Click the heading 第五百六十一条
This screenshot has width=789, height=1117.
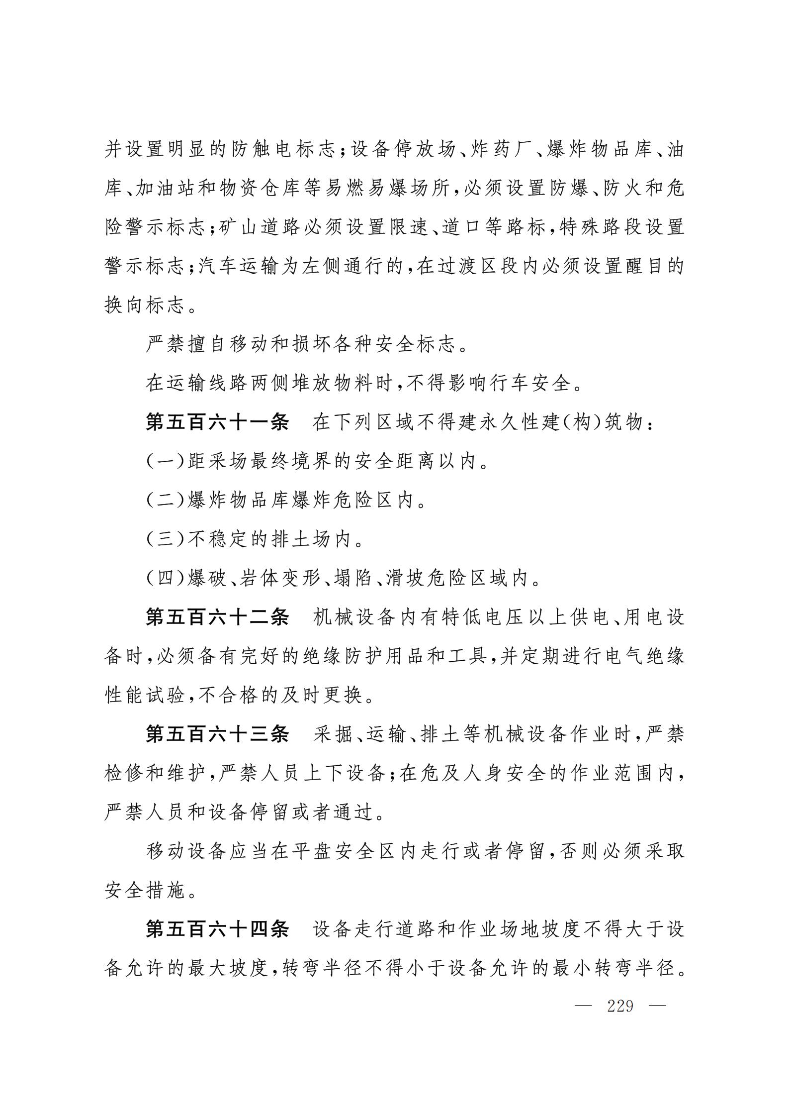tap(217, 422)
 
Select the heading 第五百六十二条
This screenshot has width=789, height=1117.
tap(217, 617)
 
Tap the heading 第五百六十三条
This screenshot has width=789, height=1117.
tap(217, 734)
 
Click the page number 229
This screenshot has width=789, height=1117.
tap(620, 1006)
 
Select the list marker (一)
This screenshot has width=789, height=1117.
tap(166, 462)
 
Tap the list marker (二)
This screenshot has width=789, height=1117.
tap(166, 501)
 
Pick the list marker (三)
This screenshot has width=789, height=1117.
tap(166, 539)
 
